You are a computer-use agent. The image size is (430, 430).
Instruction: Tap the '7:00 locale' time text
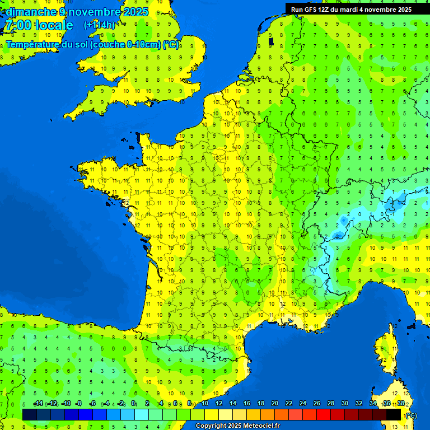point(39,25)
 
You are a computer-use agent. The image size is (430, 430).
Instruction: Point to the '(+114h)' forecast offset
point(100,25)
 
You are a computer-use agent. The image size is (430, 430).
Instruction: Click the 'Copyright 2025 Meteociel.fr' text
point(237,426)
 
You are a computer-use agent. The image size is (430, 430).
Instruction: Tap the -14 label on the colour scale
point(38,404)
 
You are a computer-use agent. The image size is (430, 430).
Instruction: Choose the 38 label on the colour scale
point(401,404)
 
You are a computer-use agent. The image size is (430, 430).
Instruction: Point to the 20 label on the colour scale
point(275,404)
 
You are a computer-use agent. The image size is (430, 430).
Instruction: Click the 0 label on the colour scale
point(133,404)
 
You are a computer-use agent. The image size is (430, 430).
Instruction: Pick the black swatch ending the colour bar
point(394,414)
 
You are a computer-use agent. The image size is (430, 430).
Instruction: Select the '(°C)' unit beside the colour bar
point(411,415)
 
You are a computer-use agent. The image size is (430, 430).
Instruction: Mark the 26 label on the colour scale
point(317,404)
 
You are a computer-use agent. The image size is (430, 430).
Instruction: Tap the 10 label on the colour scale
point(205,404)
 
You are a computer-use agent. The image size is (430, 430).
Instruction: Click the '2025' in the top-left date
point(134,12)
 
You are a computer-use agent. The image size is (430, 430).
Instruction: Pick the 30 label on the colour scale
point(345,404)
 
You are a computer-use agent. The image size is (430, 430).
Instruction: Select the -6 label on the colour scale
point(93,404)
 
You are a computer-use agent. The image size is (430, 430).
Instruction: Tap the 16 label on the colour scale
point(247,404)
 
